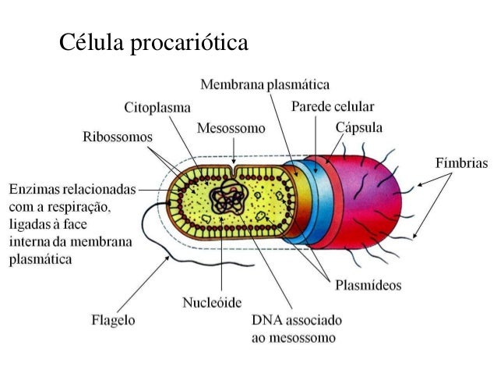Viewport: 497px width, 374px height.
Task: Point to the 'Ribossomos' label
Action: [x=118, y=137]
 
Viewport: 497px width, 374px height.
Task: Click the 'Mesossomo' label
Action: [x=231, y=127]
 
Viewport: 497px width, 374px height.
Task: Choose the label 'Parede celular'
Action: [x=333, y=105]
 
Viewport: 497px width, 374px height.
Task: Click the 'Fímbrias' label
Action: [x=460, y=164]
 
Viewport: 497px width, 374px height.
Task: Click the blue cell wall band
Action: [x=312, y=203]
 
